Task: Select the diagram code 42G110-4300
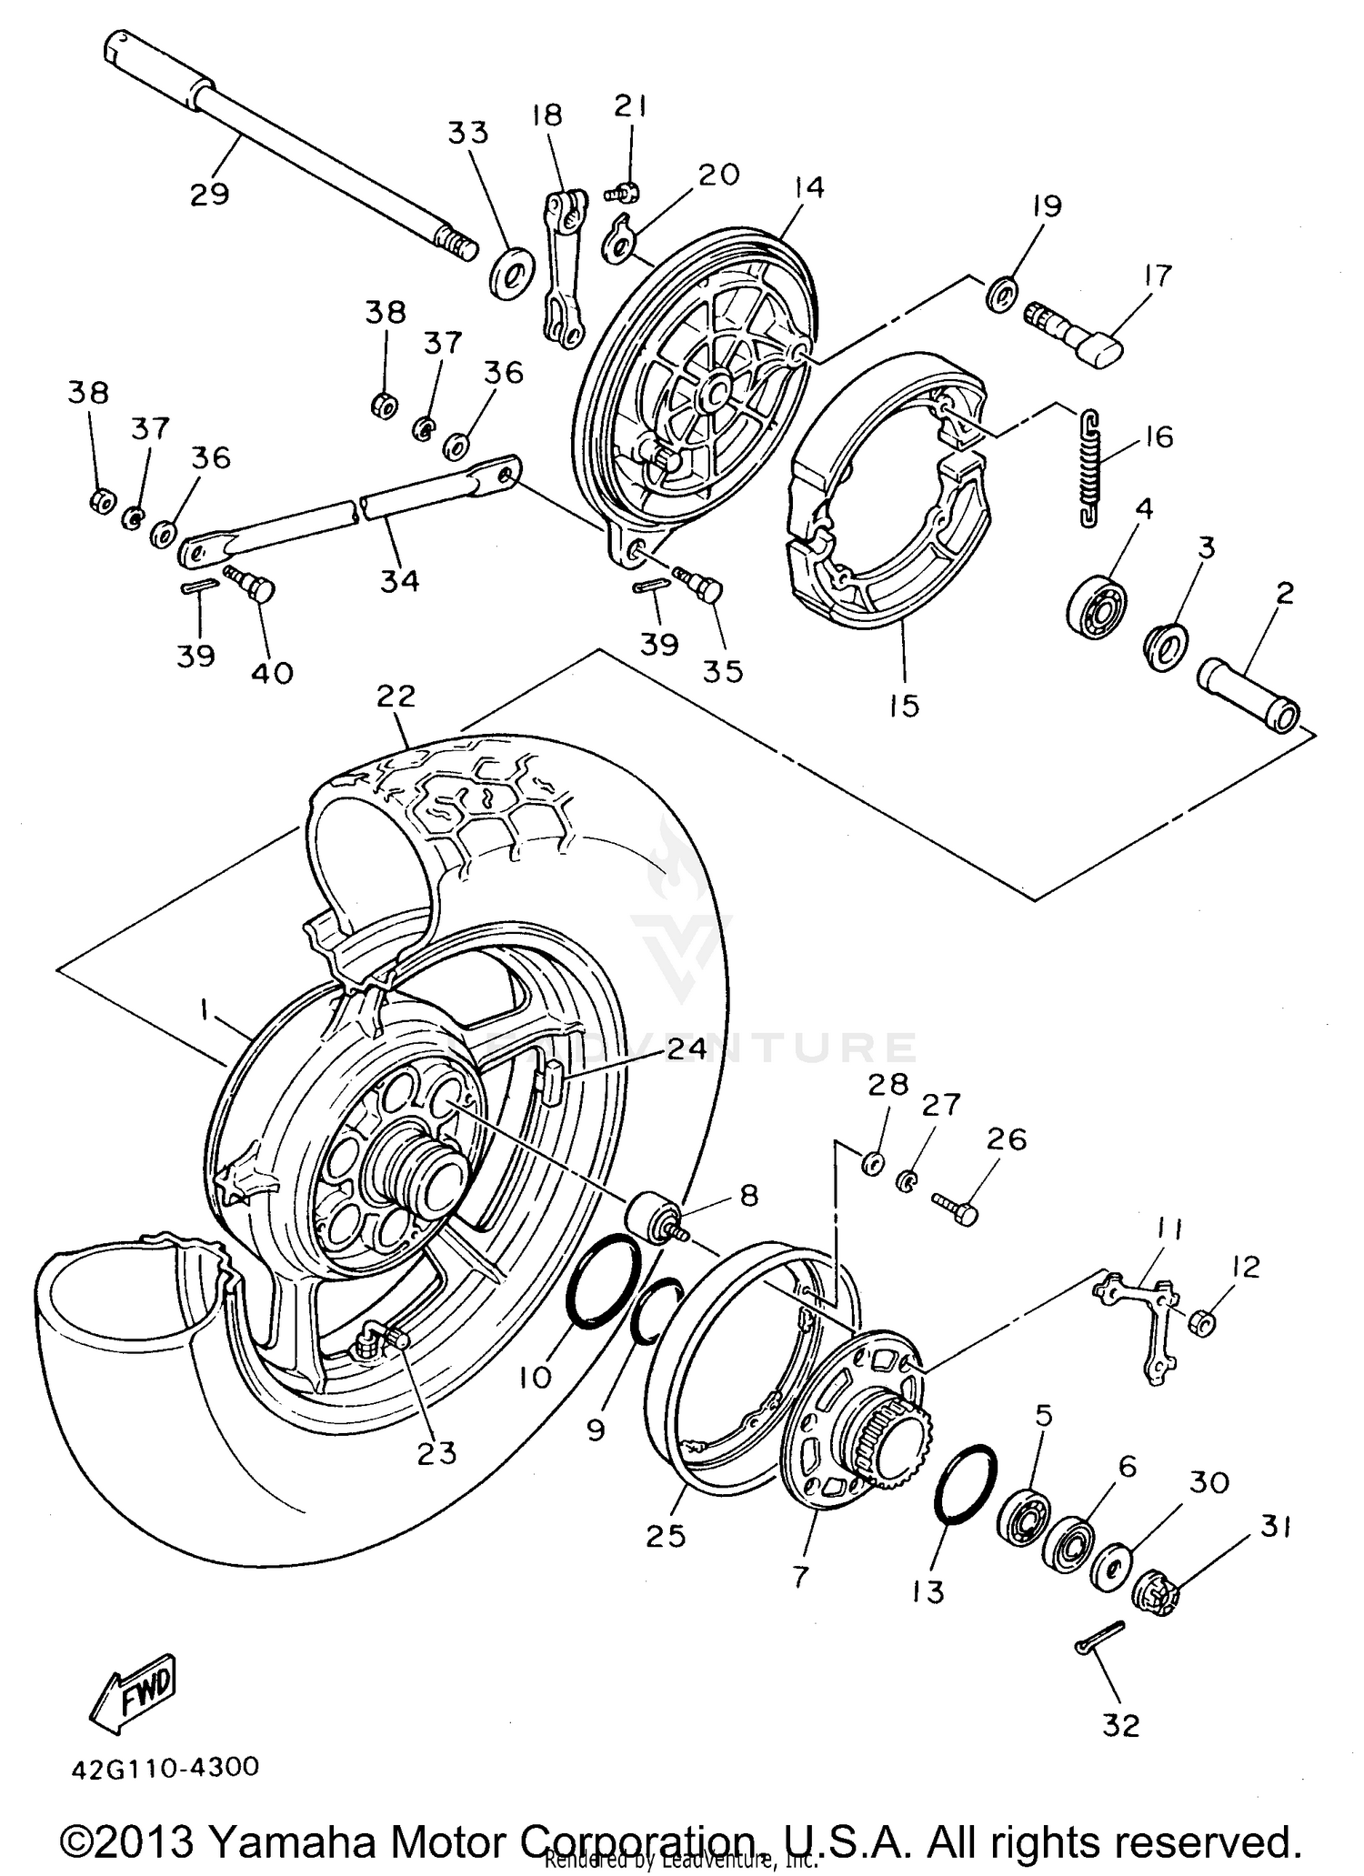(x=165, y=1767)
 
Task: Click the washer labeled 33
(x=511, y=272)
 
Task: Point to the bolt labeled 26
(x=955, y=1206)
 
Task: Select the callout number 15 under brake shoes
(x=904, y=705)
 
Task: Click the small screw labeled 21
(x=623, y=192)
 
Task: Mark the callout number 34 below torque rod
(x=400, y=581)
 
